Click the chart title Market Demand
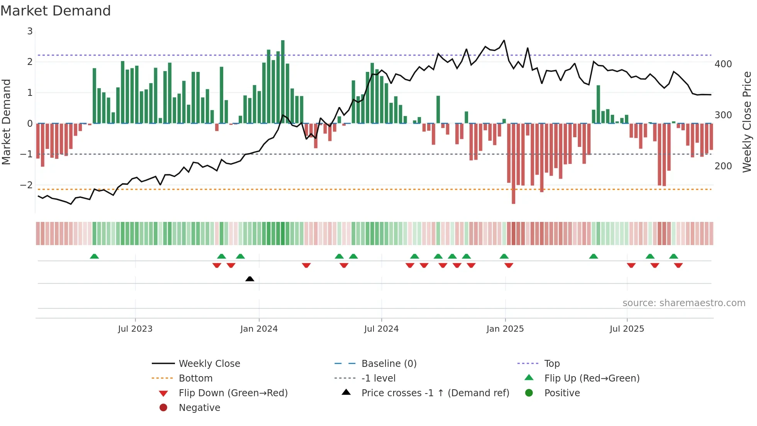pyautogui.click(x=56, y=11)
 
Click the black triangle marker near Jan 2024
pyautogui.click(x=250, y=279)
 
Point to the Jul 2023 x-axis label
pyautogui.click(x=135, y=329)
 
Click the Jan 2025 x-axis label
pyautogui.click(x=505, y=329)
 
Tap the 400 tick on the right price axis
pyautogui.click(x=723, y=64)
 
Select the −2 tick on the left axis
pyautogui.click(x=27, y=185)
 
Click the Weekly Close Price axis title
pyautogui.click(x=747, y=122)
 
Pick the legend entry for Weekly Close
pyautogui.click(x=209, y=364)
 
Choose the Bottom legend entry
pyautogui.click(x=195, y=378)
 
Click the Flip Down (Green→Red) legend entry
pyautogui.click(x=233, y=393)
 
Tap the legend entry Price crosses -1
pyautogui.click(x=435, y=393)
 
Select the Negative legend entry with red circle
pyautogui.click(x=199, y=408)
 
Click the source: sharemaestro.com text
pyautogui.click(x=684, y=303)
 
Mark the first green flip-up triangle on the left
pyautogui.click(x=94, y=256)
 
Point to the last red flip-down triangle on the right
pyautogui.click(x=678, y=265)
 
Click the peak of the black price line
pyautogui.click(x=504, y=40)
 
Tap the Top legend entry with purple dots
pyautogui.click(x=552, y=364)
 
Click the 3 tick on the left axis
pyautogui.click(x=30, y=31)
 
